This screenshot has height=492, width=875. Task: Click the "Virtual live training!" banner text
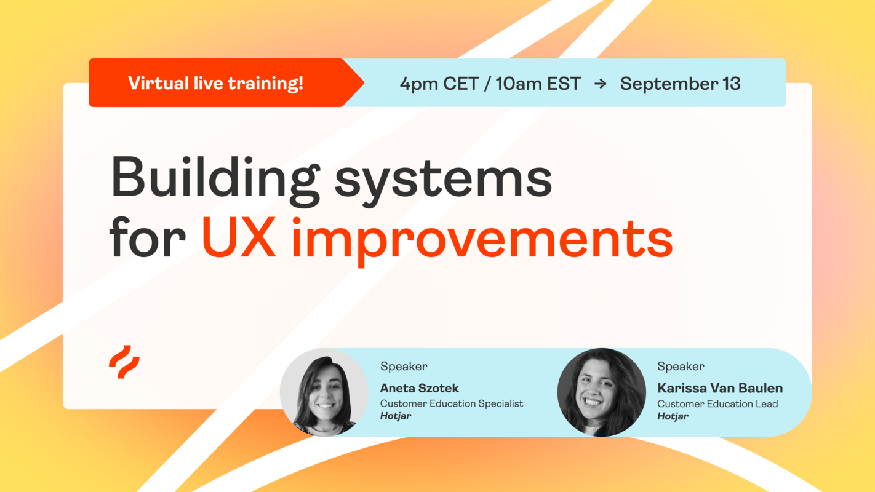coord(215,83)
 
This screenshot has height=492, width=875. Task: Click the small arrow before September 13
coord(601,84)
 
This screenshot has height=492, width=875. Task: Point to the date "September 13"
coord(680,84)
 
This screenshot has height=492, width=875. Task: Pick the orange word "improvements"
coord(482,240)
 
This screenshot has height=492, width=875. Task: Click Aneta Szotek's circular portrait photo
coord(324,392)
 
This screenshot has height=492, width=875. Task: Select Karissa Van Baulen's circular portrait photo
coord(602,392)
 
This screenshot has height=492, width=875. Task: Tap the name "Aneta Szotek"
coord(419,388)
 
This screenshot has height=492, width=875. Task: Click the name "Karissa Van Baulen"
coord(720,388)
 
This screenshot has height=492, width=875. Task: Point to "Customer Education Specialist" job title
coord(451,403)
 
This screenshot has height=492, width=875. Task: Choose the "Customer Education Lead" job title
coord(717,403)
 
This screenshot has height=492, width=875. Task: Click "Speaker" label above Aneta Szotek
coord(404,367)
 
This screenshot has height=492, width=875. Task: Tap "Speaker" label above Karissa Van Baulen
coord(681,367)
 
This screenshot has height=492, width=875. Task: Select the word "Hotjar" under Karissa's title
coord(673,416)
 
